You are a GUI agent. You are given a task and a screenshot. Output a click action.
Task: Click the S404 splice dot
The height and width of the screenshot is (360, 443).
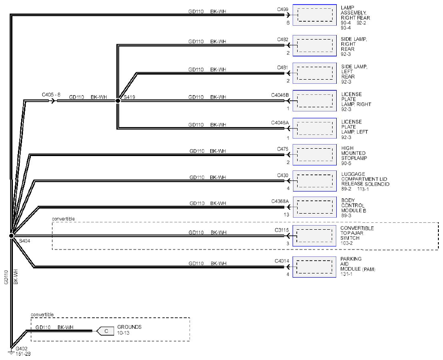click(12, 236)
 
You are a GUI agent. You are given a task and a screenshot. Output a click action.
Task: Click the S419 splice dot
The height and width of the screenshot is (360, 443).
click(118, 100)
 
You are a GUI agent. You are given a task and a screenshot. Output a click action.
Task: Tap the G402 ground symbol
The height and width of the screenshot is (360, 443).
click(12, 351)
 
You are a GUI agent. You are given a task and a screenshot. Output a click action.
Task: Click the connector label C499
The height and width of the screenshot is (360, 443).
click(282, 9)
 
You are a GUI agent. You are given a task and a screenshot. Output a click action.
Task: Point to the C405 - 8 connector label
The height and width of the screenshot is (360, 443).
click(51, 95)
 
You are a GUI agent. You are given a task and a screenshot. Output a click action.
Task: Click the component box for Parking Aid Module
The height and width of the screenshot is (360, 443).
click(314, 267)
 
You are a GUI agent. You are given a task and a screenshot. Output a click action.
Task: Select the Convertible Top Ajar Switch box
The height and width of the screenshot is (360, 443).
click(314, 236)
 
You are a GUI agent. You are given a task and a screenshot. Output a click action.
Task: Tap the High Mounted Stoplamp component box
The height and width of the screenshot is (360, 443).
click(315, 155)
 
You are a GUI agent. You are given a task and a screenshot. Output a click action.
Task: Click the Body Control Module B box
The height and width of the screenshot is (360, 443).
click(315, 207)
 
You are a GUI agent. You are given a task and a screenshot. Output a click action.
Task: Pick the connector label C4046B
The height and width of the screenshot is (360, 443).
click(280, 95)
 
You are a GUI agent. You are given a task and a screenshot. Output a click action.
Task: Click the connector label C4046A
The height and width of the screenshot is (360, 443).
click(280, 123)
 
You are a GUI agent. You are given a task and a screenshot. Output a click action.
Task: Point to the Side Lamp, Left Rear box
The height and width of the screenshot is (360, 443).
click(315, 73)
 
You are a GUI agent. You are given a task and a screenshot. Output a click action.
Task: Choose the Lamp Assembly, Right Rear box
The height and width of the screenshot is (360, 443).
click(315, 15)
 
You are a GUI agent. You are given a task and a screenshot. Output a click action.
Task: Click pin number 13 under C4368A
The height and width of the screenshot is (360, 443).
click(287, 215)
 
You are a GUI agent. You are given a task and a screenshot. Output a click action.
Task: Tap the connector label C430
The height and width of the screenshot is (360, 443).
click(282, 175)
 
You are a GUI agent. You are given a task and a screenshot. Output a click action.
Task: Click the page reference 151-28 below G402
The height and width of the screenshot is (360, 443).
click(23, 354)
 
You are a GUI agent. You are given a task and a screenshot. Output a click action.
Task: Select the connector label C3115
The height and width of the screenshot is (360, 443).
click(282, 230)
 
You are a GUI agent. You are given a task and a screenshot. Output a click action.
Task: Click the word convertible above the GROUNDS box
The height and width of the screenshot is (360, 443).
click(42, 315)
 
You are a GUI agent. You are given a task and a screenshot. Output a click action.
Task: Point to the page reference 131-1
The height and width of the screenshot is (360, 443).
click(346, 274)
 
